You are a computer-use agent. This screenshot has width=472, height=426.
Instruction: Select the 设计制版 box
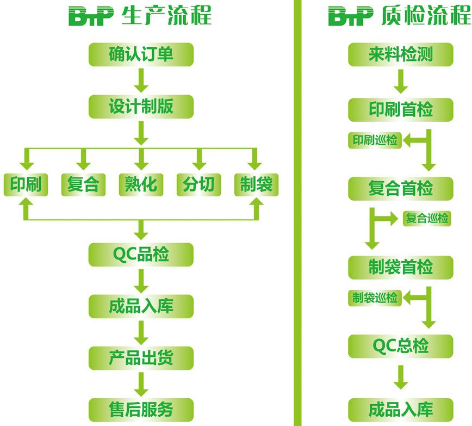(141, 106)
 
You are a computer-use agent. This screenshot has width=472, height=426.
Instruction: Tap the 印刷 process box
(26, 184)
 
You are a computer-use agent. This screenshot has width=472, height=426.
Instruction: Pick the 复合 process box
(83, 184)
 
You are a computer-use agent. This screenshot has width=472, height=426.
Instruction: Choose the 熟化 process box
(141, 184)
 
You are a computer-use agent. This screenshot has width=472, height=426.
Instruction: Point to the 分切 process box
(198, 184)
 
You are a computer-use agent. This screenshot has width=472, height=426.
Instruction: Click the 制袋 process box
(256, 184)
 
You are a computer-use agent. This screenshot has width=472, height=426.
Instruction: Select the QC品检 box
(141, 254)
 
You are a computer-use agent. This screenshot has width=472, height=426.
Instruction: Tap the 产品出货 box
(141, 357)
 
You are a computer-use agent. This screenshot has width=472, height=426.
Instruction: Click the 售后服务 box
(141, 409)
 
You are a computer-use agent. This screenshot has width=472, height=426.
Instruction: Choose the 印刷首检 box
(401, 109)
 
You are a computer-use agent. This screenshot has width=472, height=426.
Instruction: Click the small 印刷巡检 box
(375, 140)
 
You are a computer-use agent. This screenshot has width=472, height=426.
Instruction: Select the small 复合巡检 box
(427, 218)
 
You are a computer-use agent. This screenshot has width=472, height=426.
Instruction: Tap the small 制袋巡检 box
(375, 298)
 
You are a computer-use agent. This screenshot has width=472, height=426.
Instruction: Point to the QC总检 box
(401, 345)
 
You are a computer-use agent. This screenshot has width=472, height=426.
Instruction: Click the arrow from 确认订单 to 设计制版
(141, 81)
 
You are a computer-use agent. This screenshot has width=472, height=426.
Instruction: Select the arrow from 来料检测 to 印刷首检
(401, 82)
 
